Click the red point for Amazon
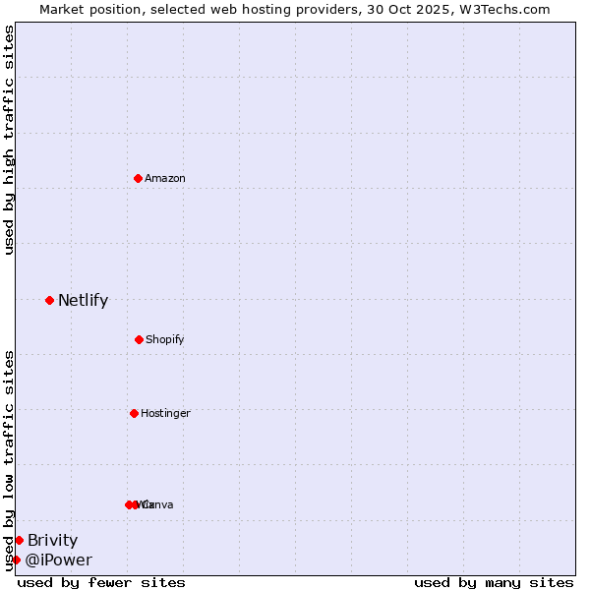click(x=138, y=178)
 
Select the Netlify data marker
click(x=49, y=300)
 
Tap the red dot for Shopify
click(x=139, y=339)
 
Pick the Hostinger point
click(x=134, y=413)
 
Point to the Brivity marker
click(x=19, y=540)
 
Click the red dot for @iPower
click(x=16, y=560)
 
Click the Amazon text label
click(x=165, y=178)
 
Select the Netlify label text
click(x=83, y=301)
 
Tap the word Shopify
click(x=165, y=339)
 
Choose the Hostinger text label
click(x=165, y=413)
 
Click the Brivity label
click(x=52, y=540)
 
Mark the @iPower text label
click(x=59, y=560)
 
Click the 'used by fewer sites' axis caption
click(x=101, y=582)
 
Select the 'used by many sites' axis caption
click(x=494, y=582)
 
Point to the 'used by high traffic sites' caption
click(x=9, y=140)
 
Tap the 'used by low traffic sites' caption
click(x=9, y=459)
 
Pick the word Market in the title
click(x=64, y=9)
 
